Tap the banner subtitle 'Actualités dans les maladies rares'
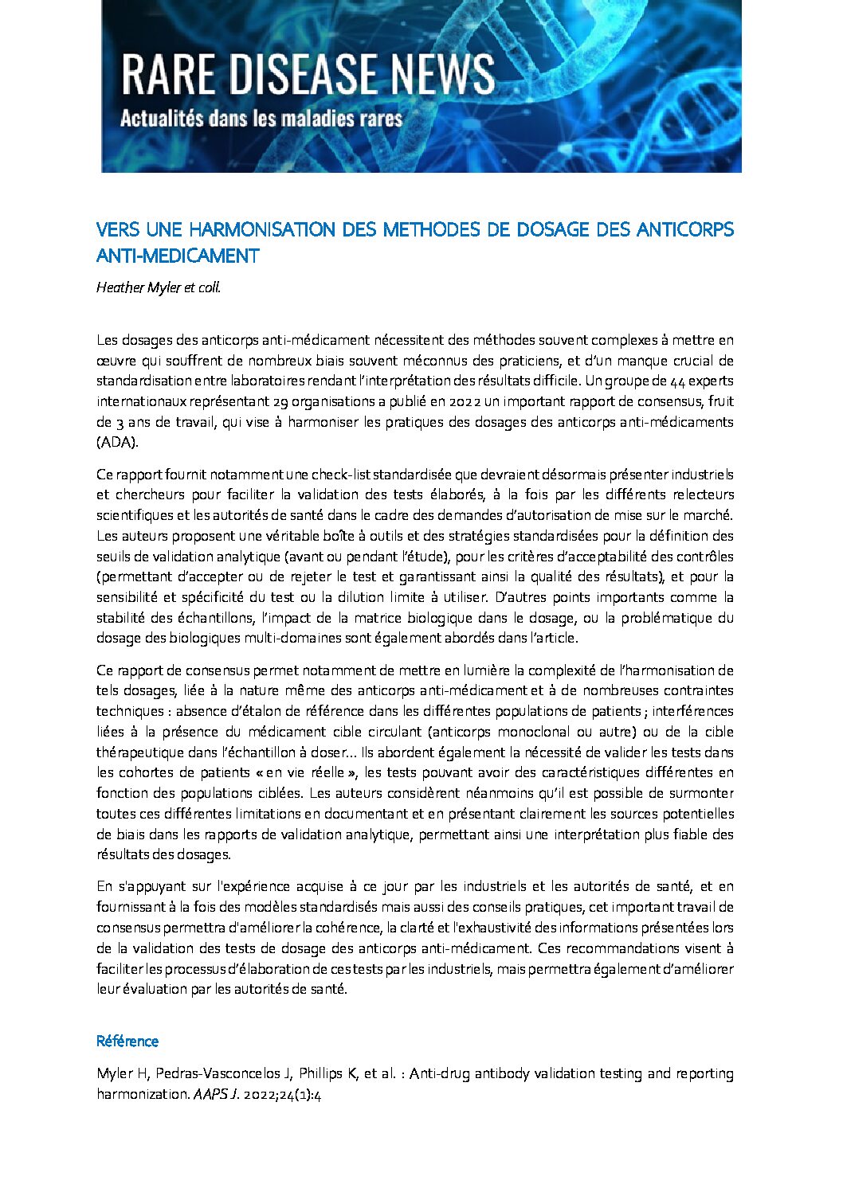click(x=261, y=120)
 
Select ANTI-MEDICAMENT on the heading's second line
click(x=177, y=256)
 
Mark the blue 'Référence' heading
click(x=127, y=1042)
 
